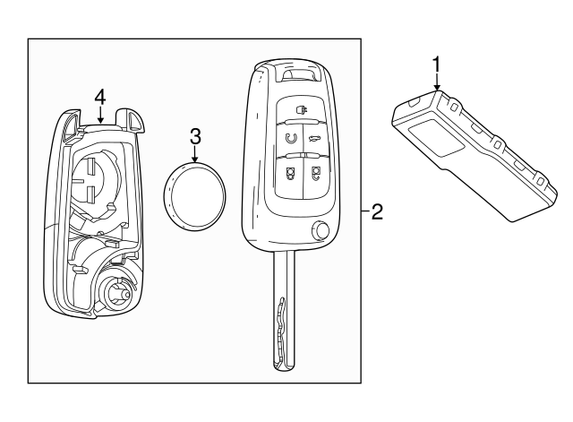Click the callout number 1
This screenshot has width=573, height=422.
(x=436, y=64)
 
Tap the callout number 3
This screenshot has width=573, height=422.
(x=195, y=136)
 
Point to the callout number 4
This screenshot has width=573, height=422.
(x=101, y=94)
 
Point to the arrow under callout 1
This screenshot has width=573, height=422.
(x=436, y=82)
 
